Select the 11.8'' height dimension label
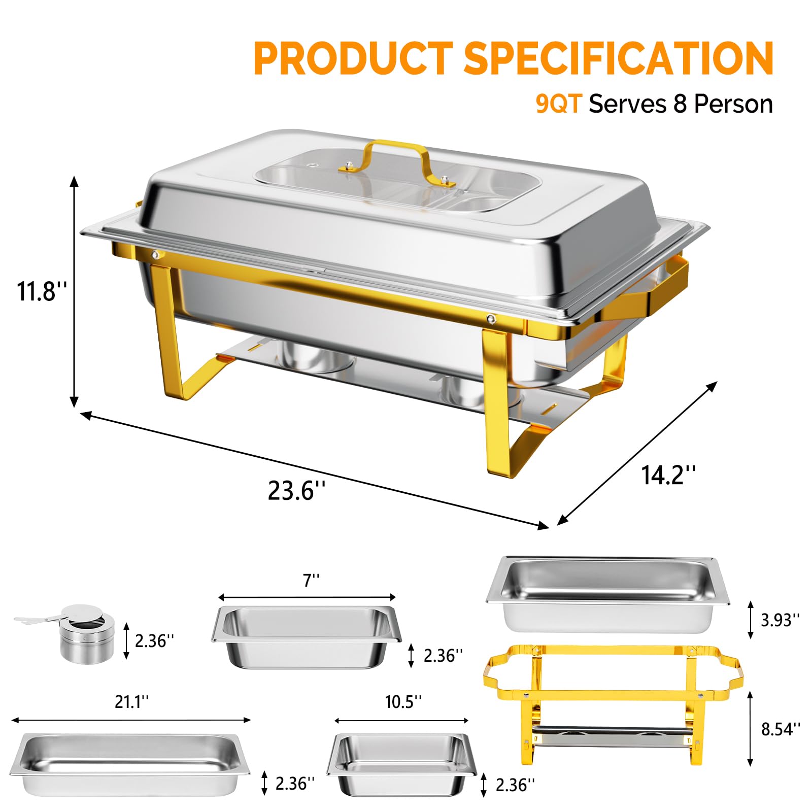tap(42, 291)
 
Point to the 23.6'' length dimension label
tap(296, 491)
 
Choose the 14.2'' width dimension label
tap(668, 475)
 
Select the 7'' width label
tap(311, 580)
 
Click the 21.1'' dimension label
tap(132, 702)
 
